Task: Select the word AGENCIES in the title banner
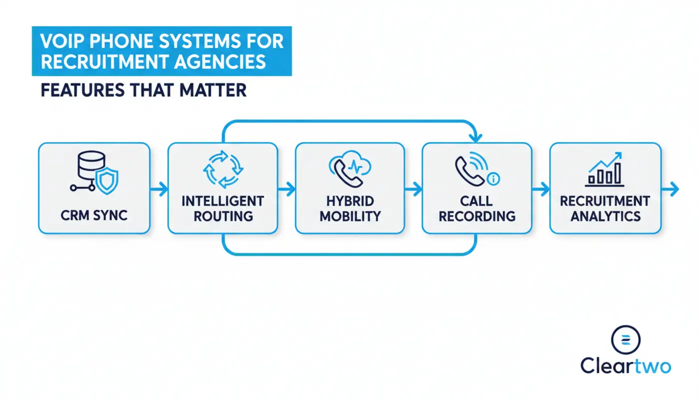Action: pyautogui.click(x=220, y=61)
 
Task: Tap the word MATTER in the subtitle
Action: pyautogui.click(x=213, y=90)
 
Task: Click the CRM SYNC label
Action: pyautogui.click(x=94, y=215)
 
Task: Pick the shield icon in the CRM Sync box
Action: pyautogui.click(x=107, y=180)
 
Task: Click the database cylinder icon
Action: pyautogui.click(x=91, y=164)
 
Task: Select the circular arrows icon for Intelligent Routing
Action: pyautogui.click(x=223, y=169)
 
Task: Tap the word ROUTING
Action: pyautogui.click(x=223, y=216)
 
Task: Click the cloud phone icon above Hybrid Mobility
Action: pyautogui.click(x=350, y=169)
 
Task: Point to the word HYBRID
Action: pyautogui.click(x=350, y=201)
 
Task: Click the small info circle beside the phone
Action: pyautogui.click(x=493, y=179)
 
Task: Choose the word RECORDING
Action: pyautogui.click(x=477, y=216)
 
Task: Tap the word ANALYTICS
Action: pyautogui.click(x=605, y=216)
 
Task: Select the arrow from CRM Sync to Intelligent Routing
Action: pyautogui.click(x=159, y=189)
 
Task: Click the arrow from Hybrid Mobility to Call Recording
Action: pyautogui.click(x=413, y=189)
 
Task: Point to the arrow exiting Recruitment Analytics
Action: pyautogui.click(x=670, y=189)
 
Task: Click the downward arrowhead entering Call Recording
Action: pyautogui.click(x=475, y=138)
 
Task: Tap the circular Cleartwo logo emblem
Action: pyautogui.click(x=626, y=339)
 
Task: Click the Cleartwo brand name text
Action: pyautogui.click(x=626, y=365)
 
